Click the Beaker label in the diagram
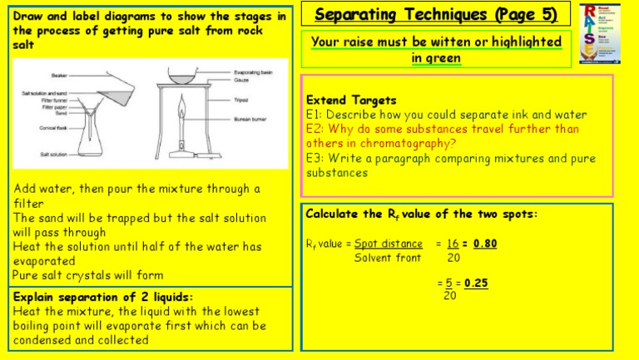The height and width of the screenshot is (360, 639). coord(59,75)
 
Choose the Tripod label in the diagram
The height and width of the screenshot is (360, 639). coord(241,99)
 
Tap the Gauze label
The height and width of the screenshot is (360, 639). coord(243,81)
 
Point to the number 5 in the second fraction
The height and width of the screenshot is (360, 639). coord(448,283)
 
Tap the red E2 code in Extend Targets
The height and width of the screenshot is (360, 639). coord(315,129)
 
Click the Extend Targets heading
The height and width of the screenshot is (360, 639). coord(352,100)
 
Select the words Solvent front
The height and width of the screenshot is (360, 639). coord(388,257)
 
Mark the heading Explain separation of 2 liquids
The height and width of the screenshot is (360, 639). coord(102,297)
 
